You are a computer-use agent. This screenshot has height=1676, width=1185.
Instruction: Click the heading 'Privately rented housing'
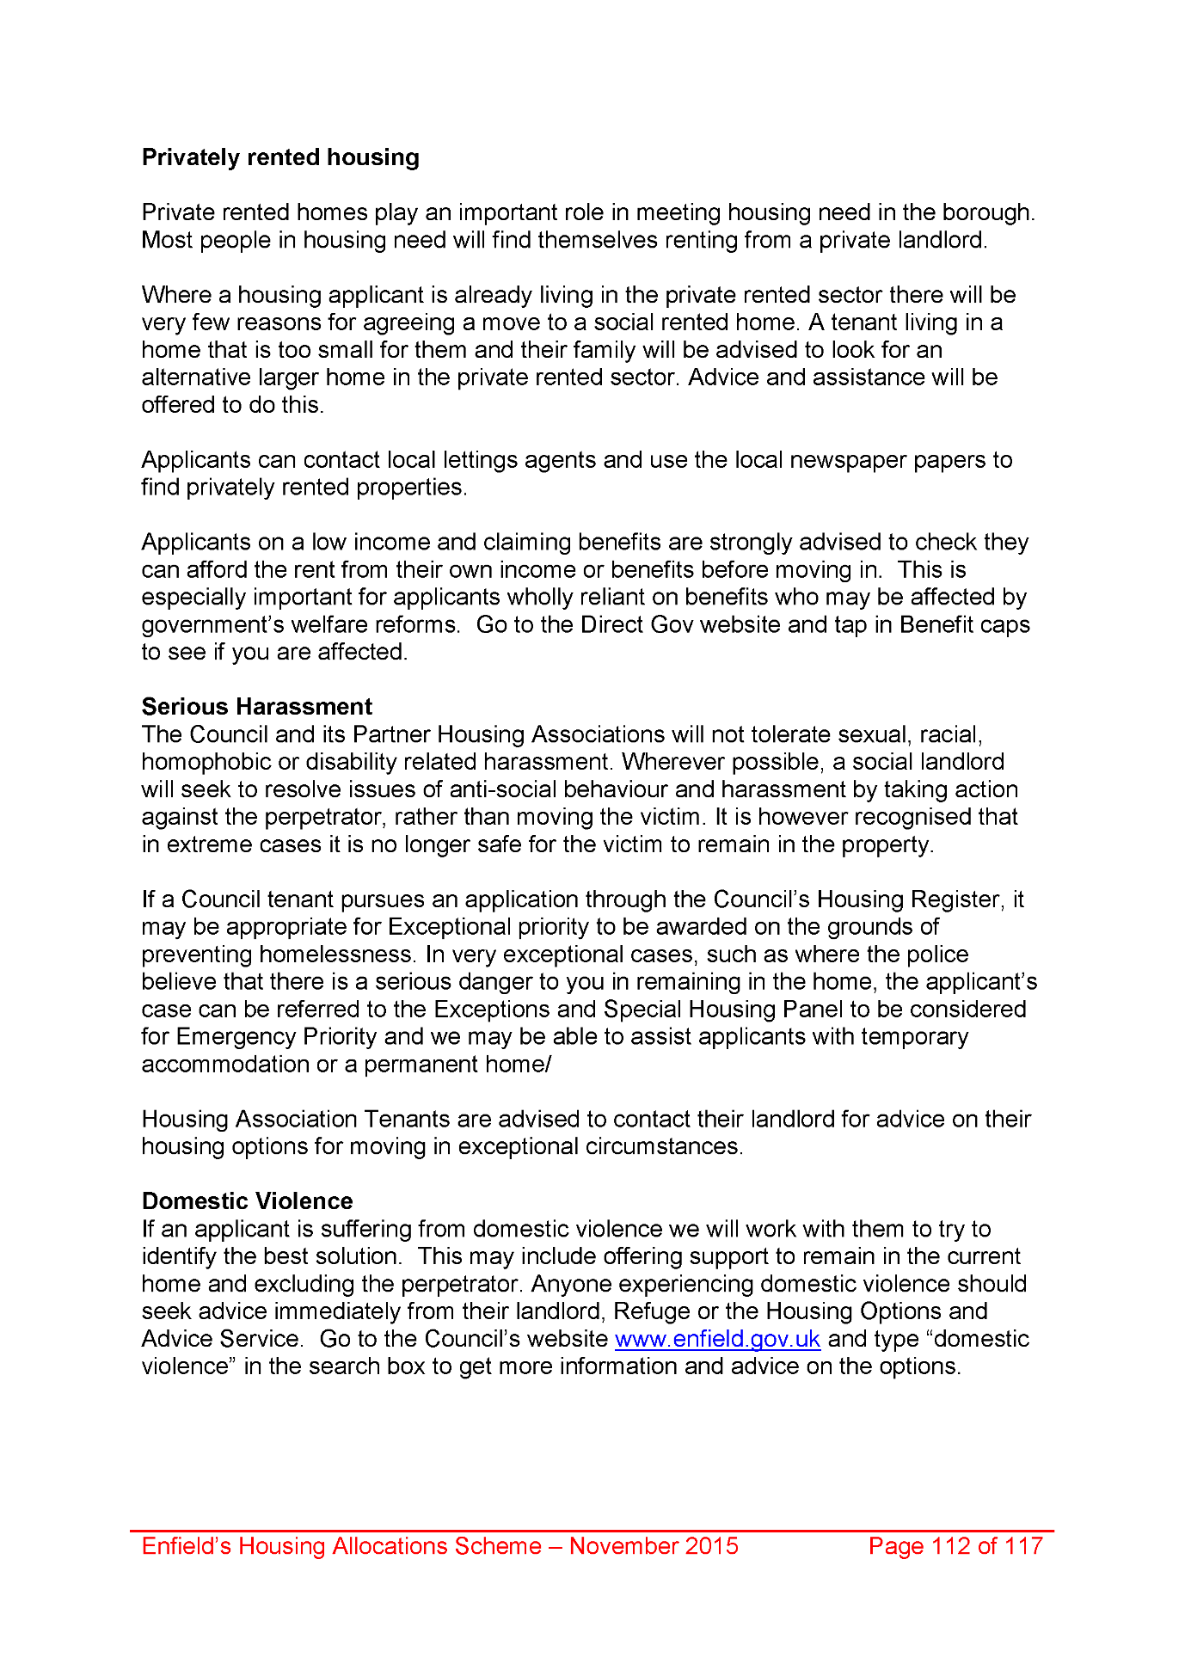(280, 157)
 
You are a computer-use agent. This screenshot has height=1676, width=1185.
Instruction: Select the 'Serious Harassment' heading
(256, 707)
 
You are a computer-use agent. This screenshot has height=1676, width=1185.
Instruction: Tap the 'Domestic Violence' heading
(247, 1201)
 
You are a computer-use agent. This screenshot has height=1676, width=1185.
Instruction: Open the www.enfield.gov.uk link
(717, 1340)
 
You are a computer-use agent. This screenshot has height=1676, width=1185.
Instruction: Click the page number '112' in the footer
(950, 1546)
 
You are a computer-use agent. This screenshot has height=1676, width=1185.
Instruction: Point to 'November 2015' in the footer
(654, 1546)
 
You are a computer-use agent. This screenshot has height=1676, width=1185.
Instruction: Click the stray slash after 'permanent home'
(548, 1065)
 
